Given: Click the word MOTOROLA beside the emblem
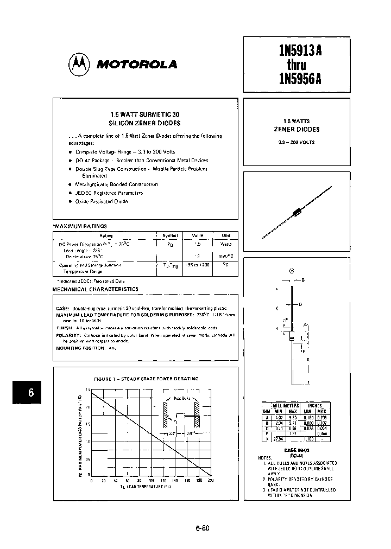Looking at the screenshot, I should tap(136, 65).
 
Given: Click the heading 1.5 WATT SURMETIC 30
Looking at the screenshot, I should tap(144, 115).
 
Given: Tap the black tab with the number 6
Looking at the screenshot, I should tap(31, 393).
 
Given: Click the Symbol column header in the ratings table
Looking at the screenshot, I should tap(170, 235).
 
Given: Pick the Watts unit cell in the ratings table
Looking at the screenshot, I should tap(226, 244).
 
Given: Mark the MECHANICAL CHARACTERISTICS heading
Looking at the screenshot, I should tap(95, 289).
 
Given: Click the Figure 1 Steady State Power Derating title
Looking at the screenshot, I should tap(146, 378).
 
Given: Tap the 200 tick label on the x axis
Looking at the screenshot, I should tap(211, 480).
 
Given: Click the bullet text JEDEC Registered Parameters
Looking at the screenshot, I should tap(109, 193).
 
